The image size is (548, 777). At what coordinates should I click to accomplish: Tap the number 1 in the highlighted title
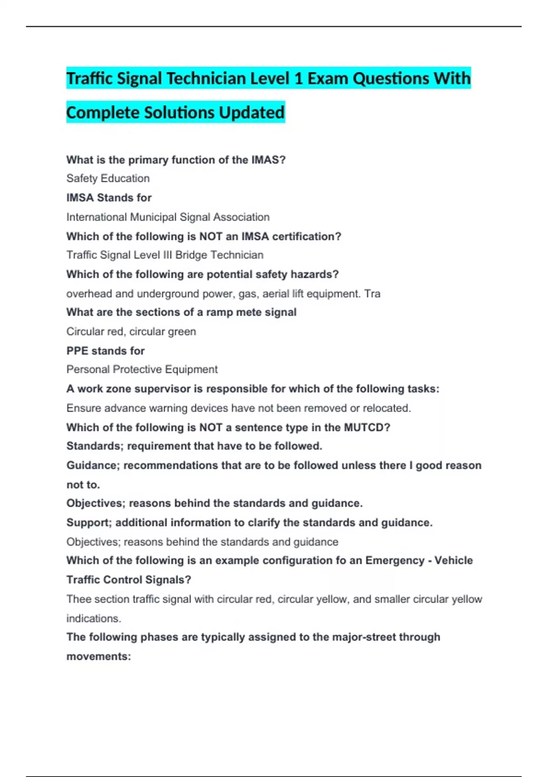coord(298,79)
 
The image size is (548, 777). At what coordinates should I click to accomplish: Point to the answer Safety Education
coord(108,178)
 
